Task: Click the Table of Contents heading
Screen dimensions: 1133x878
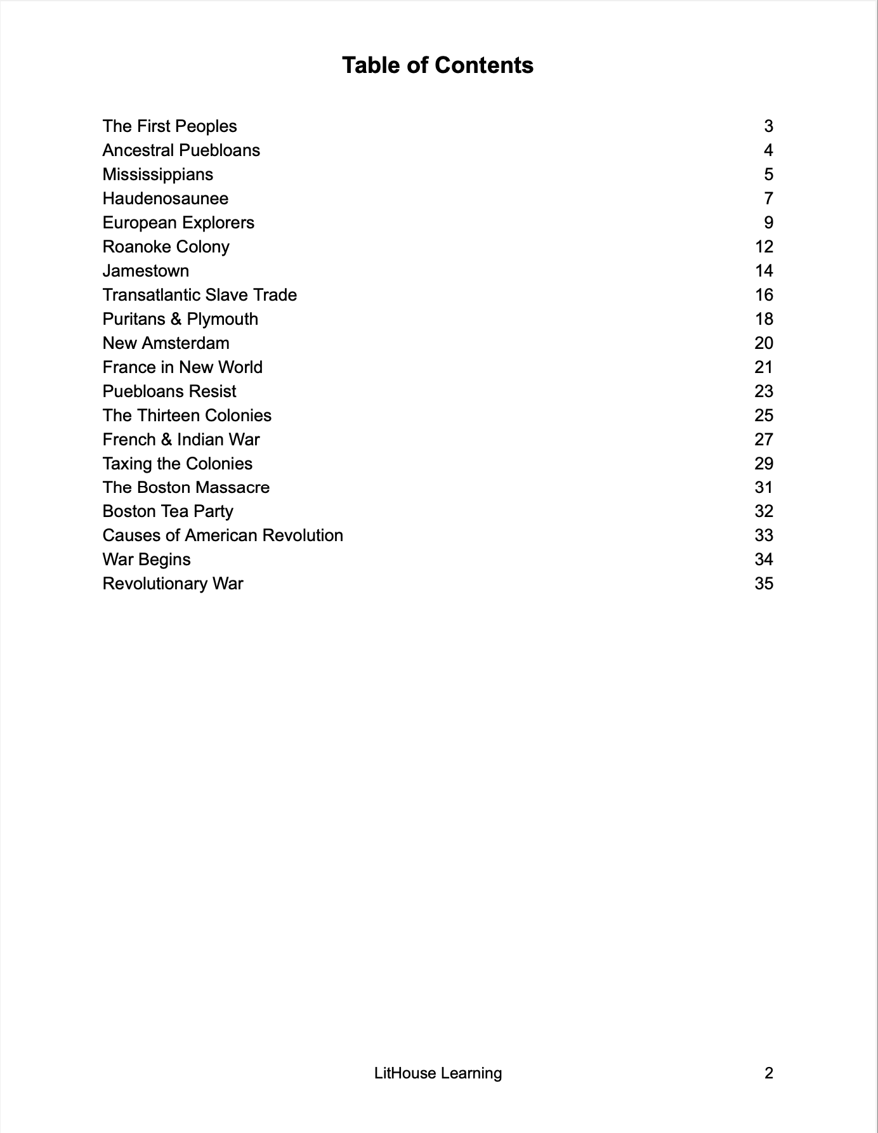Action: click(x=438, y=65)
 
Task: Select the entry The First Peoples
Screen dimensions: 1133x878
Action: click(x=169, y=126)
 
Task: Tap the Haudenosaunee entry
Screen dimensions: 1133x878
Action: click(x=165, y=199)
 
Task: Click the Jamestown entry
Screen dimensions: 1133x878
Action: click(x=146, y=271)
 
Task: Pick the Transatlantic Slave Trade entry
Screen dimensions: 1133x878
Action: click(x=199, y=295)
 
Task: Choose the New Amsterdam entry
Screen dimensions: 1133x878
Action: click(x=166, y=343)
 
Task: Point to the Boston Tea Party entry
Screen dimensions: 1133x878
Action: click(x=167, y=511)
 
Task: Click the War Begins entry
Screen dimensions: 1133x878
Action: click(x=147, y=560)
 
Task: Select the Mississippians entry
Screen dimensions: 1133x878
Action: click(x=157, y=174)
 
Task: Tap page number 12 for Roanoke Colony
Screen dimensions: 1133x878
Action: click(x=764, y=247)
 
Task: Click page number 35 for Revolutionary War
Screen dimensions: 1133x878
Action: click(x=764, y=584)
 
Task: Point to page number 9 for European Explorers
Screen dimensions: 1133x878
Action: click(x=768, y=223)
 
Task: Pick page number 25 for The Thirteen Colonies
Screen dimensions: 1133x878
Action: click(x=764, y=416)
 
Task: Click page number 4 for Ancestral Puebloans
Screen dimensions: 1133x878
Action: click(x=768, y=150)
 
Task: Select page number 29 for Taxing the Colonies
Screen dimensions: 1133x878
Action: click(x=764, y=464)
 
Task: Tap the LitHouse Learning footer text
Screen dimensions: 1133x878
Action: click(x=438, y=1073)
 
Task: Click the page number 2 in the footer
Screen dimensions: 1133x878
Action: click(x=769, y=1073)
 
